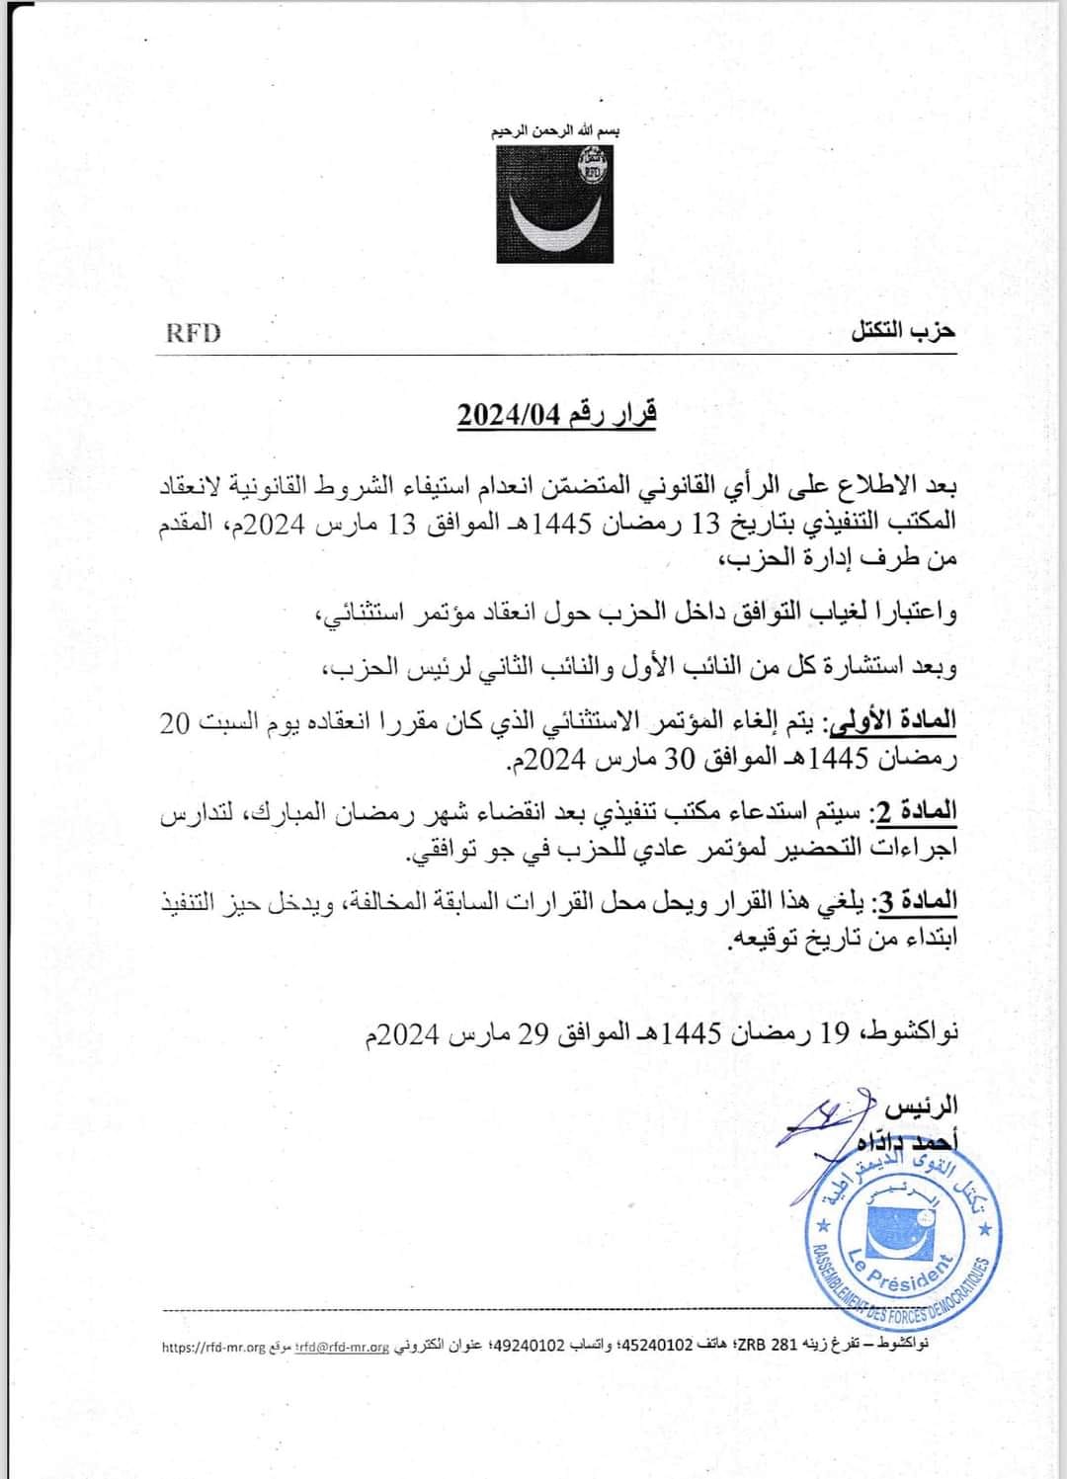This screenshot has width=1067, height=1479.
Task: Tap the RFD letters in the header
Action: click(x=193, y=332)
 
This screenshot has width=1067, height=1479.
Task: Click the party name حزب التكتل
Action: click(x=903, y=331)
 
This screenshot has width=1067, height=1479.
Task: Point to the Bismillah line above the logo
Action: click(x=556, y=131)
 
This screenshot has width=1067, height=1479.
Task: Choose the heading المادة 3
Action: click(x=916, y=901)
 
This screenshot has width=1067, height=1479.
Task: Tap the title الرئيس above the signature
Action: click(x=921, y=1105)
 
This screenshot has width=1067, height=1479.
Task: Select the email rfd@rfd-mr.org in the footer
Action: click(x=345, y=1347)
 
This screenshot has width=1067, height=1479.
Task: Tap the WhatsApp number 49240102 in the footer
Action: click(x=533, y=1346)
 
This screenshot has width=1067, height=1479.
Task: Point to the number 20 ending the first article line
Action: click(x=175, y=722)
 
